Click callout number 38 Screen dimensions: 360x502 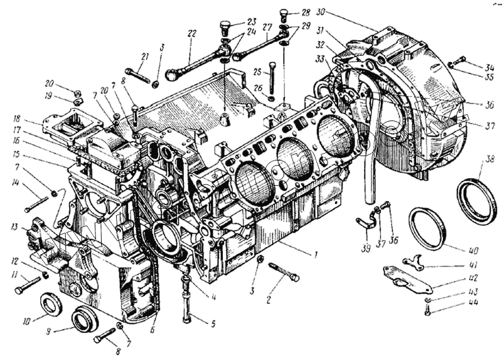coord(482,161)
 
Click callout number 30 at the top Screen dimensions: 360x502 coord(321,12)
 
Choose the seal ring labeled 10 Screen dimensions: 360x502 coord(51,304)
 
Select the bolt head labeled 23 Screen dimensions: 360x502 coord(224,27)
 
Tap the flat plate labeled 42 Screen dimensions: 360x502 coord(408,280)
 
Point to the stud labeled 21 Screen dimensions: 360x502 coord(140,77)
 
